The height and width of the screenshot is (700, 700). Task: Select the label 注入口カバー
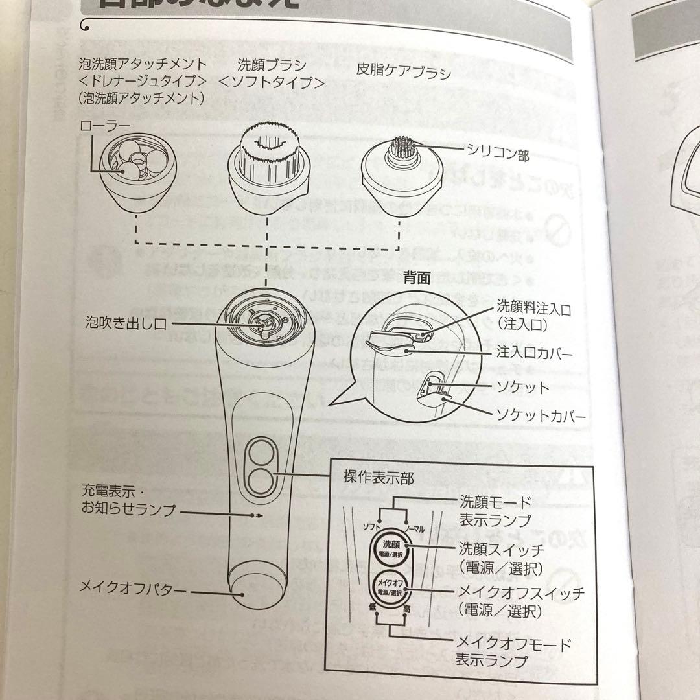click(535, 355)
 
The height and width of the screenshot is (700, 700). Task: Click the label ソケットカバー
click(541, 415)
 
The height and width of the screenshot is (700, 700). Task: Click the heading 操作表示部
click(379, 477)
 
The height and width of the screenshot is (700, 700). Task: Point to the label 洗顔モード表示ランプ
click(495, 511)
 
